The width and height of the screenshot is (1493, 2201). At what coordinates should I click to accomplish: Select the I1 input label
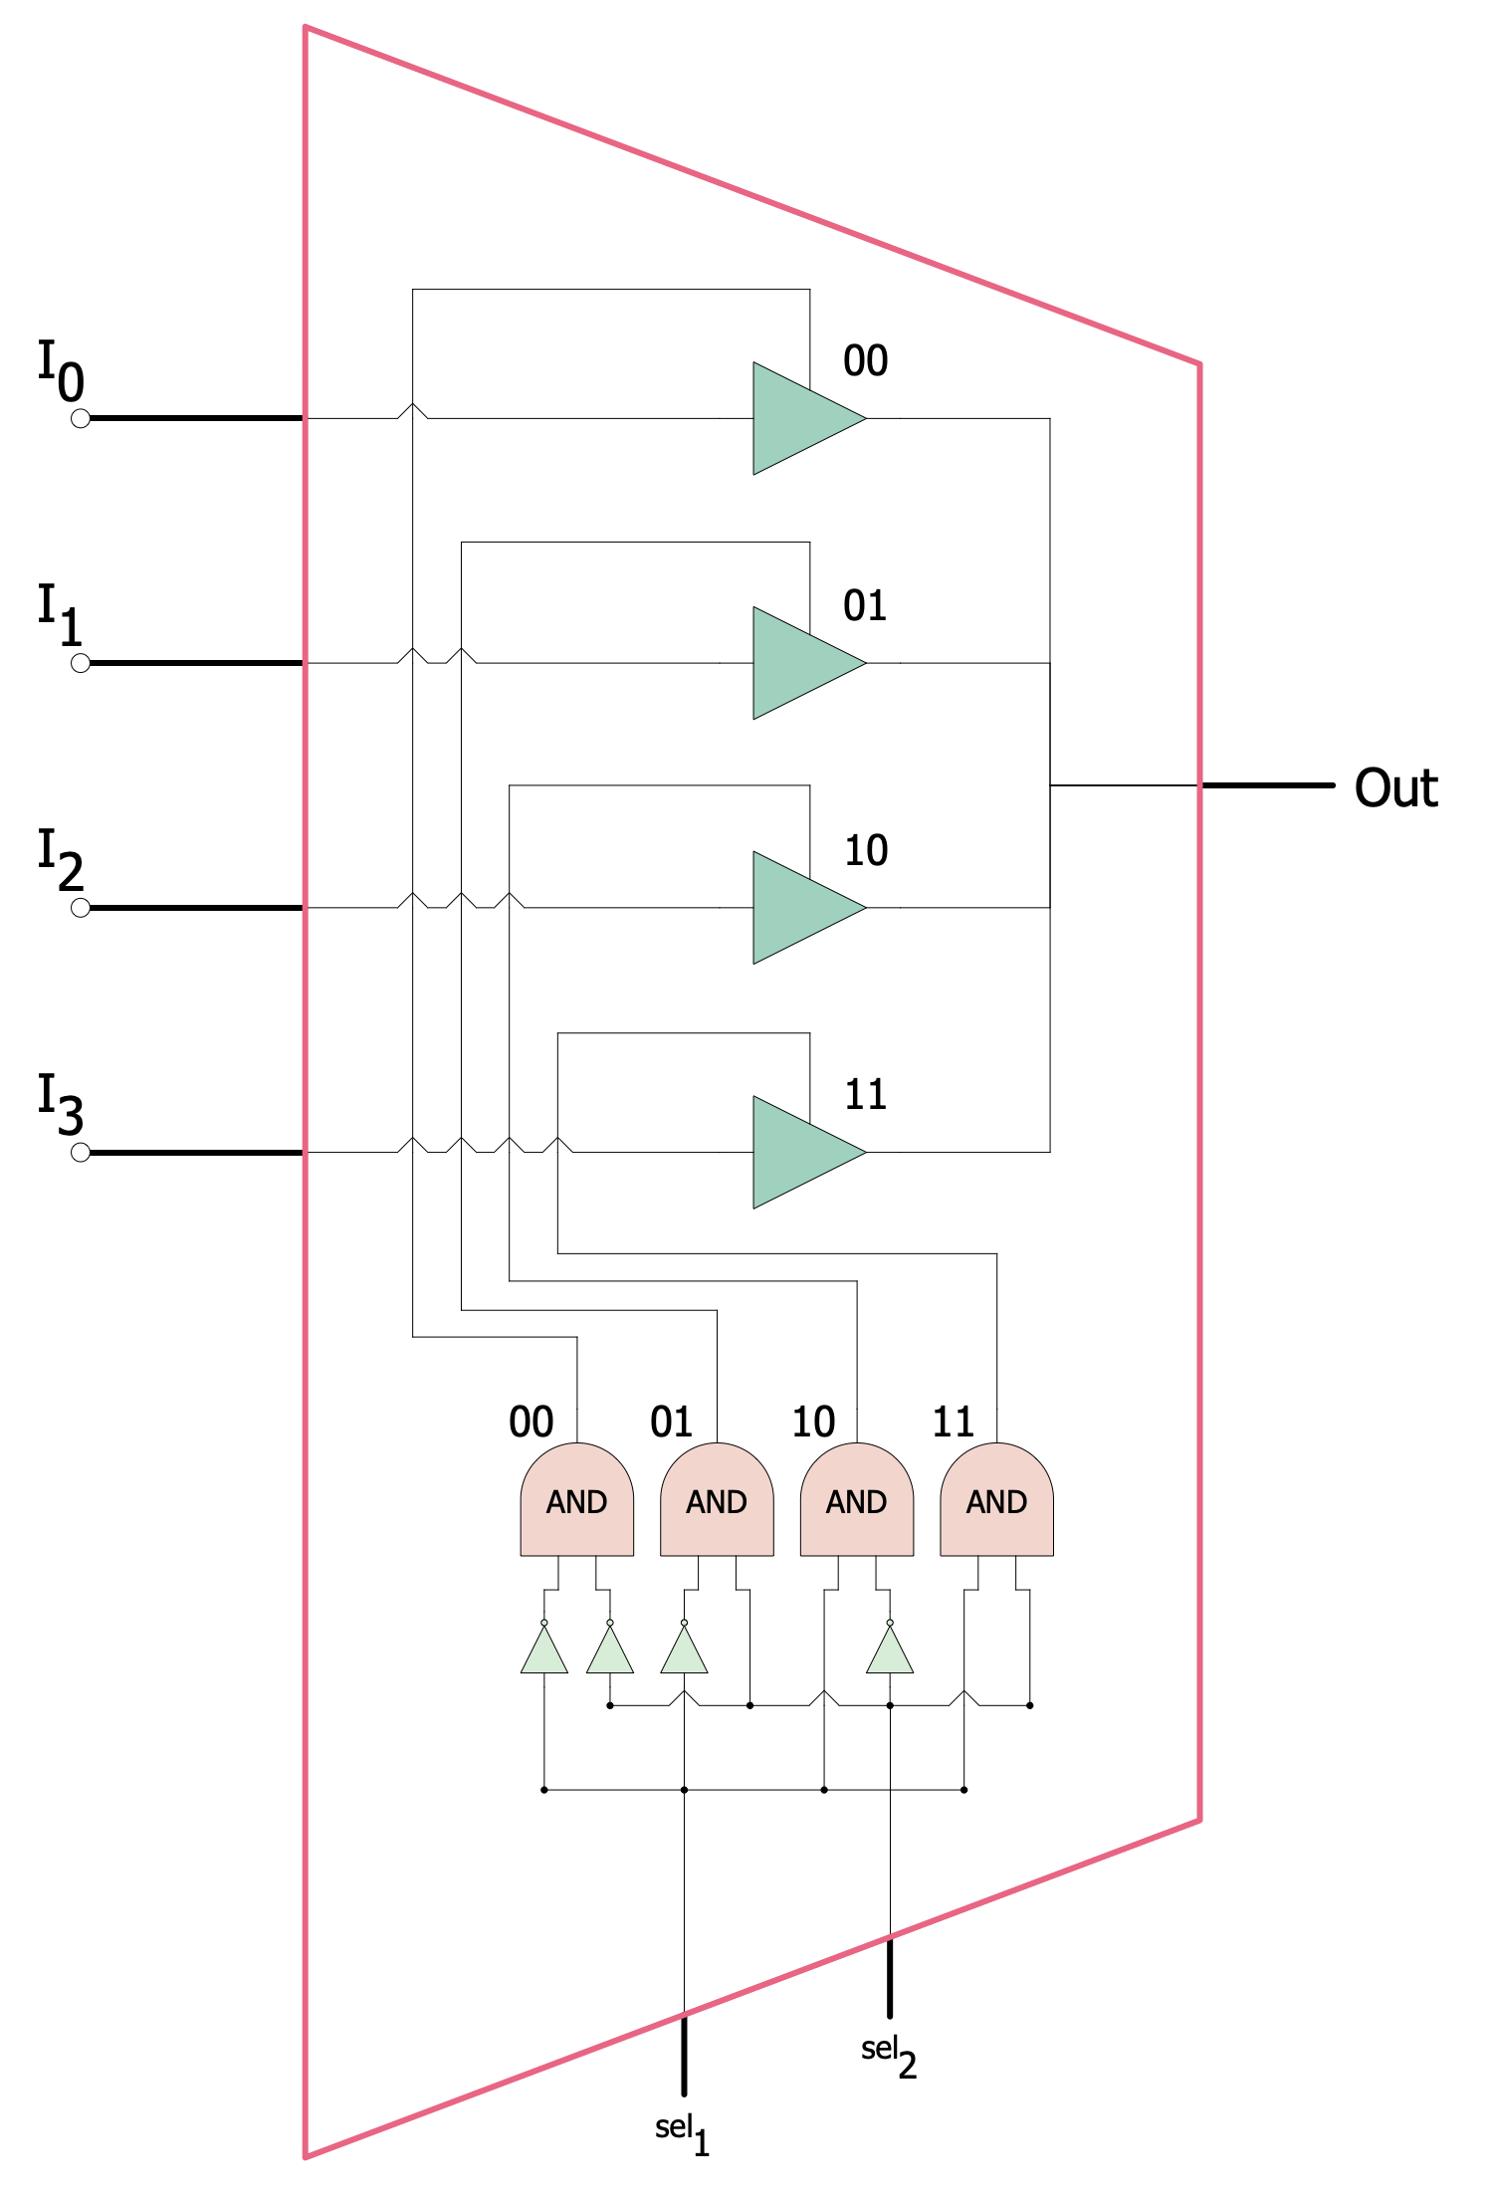click(60, 615)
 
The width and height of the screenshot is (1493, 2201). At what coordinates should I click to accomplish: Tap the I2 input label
click(60, 860)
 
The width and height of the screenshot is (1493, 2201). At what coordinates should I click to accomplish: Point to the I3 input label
click(60, 1105)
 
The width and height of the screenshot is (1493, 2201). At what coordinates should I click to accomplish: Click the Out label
click(1395, 788)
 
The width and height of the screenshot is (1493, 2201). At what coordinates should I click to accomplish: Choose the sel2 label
click(888, 2055)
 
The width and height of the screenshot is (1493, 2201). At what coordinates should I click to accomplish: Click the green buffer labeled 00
click(801, 418)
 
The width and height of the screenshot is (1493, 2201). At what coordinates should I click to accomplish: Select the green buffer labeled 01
click(801, 663)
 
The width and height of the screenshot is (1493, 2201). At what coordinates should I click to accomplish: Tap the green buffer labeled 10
click(801, 908)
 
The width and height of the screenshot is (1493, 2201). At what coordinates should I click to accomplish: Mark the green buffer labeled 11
click(801, 1153)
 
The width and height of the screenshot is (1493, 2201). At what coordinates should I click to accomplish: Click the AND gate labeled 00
click(577, 1500)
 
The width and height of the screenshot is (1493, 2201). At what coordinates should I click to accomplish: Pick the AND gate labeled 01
click(717, 1500)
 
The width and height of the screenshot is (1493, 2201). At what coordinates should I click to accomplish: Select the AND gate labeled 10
click(857, 1500)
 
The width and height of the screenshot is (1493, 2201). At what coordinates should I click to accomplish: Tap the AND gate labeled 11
click(996, 1500)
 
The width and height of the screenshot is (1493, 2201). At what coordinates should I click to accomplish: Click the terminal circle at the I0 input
click(81, 419)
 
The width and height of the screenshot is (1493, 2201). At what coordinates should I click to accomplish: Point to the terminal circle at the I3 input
click(81, 1153)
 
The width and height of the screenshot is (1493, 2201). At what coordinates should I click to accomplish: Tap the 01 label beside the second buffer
click(865, 606)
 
